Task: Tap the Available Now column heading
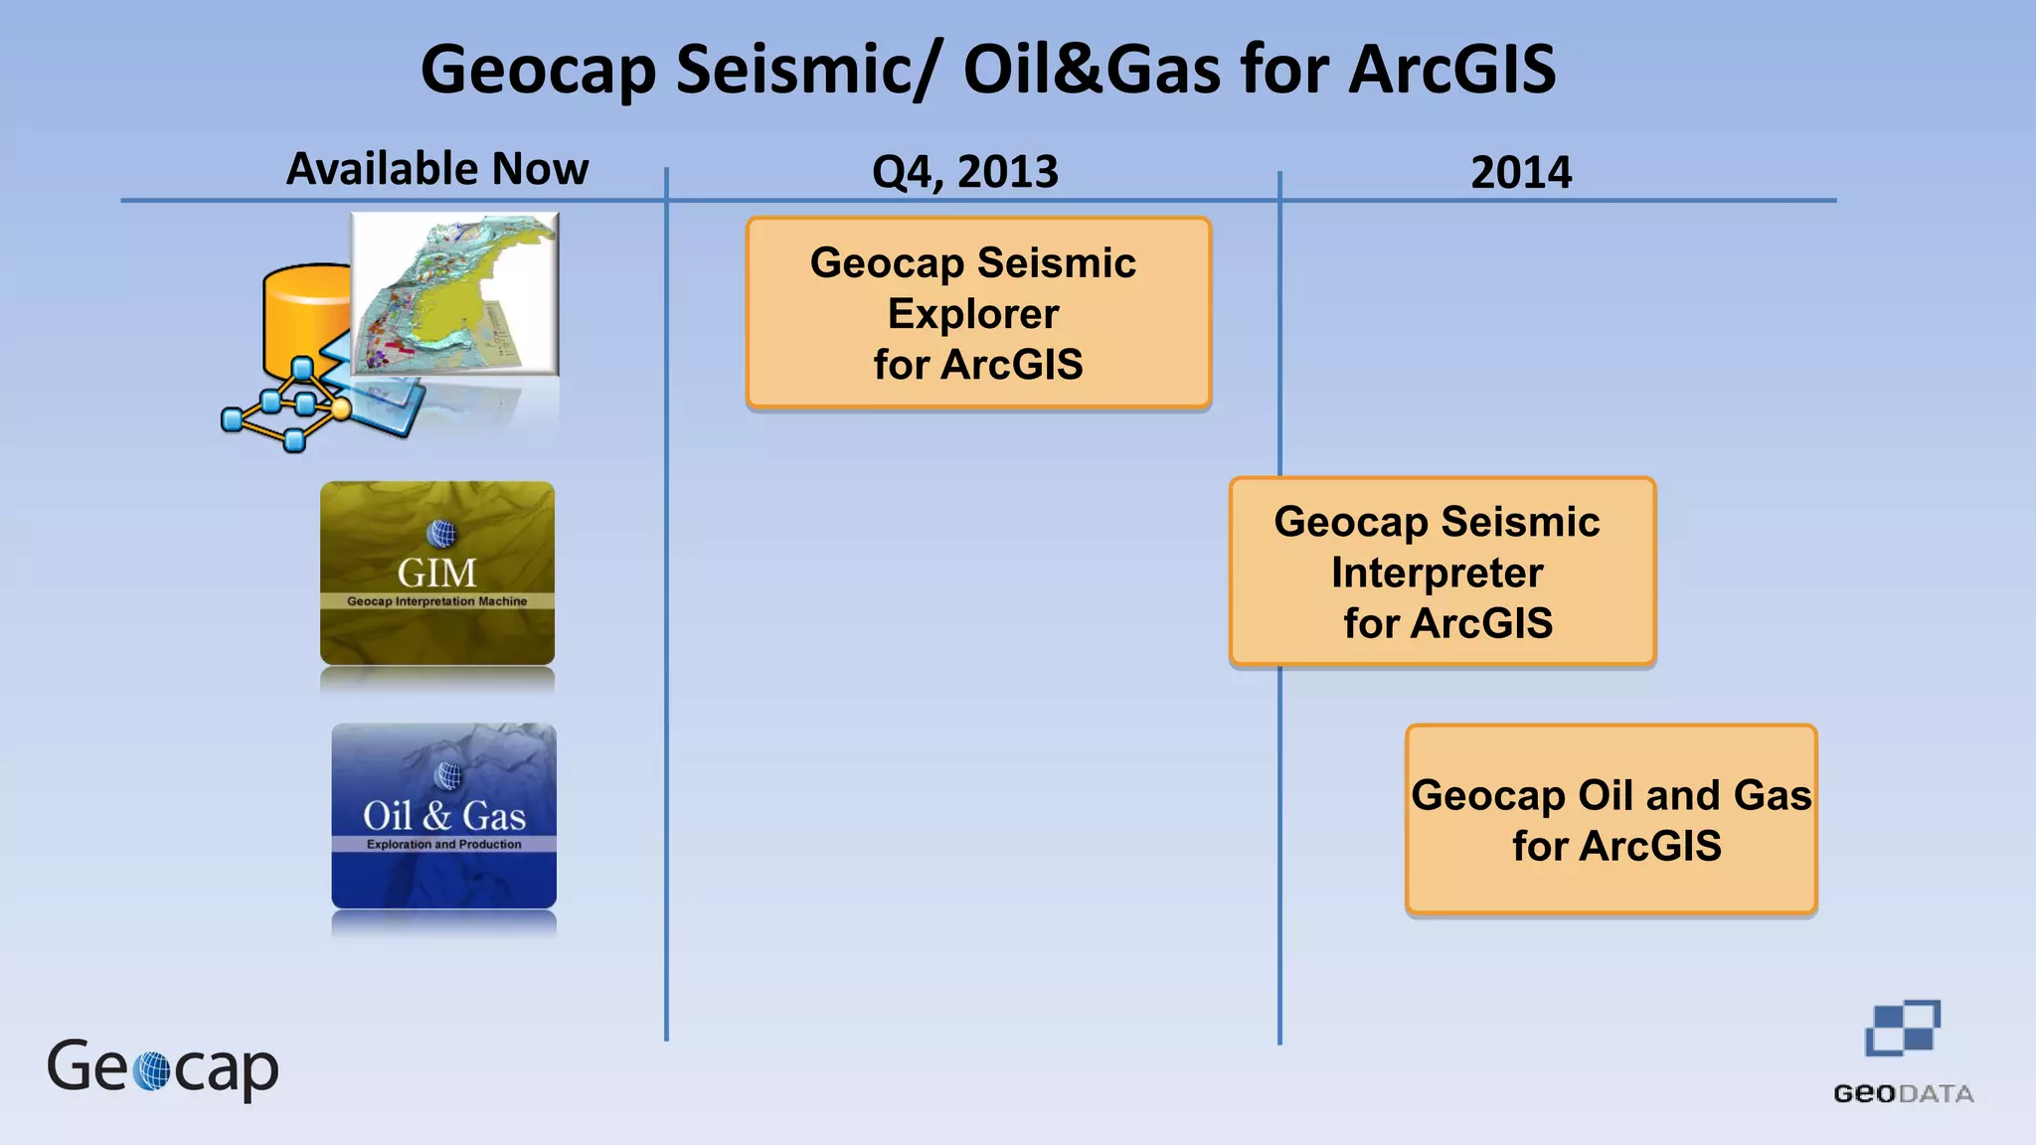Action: (x=437, y=169)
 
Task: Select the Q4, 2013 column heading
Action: (x=964, y=172)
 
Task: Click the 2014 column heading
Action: (x=1521, y=173)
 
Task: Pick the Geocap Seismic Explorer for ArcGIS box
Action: (x=978, y=313)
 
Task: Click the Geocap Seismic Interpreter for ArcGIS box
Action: (x=1442, y=572)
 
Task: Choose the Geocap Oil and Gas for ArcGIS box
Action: (x=1611, y=820)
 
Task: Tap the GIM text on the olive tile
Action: (x=437, y=573)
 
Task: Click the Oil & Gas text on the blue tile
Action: (x=443, y=816)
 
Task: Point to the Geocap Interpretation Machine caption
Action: (x=437, y=601)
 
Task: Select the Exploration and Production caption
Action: (x=443, y=844)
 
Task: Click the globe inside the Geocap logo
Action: (x=152, y=1070)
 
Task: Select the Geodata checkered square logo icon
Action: (x=1902, y=1029)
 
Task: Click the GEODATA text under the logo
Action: (x=1903, y=1094)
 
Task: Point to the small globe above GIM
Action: (x=440, y=534)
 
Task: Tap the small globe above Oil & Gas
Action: (x=449, y=775)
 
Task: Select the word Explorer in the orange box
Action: (x=973, y=314)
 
